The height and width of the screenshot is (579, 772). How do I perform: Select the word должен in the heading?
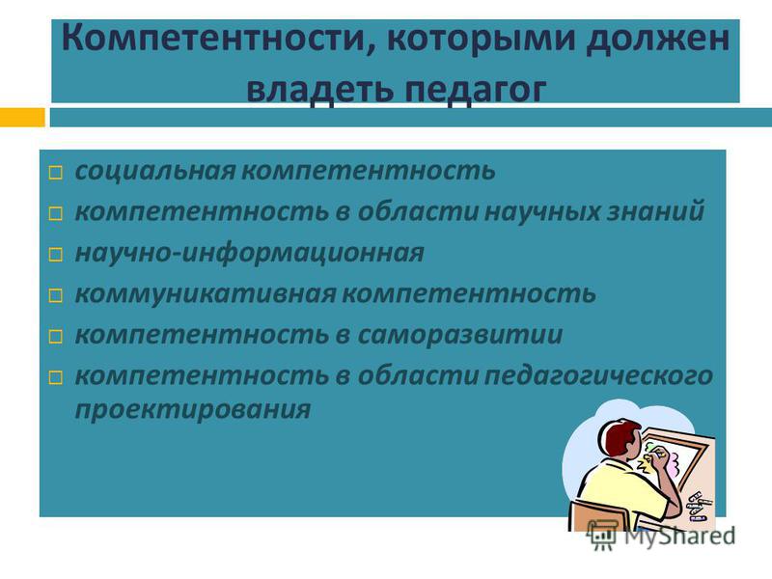[657, 40]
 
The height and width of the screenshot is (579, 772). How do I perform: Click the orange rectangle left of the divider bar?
[22, 117]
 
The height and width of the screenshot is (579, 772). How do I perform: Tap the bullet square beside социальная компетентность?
[56, 173]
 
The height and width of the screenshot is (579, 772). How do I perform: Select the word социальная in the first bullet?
[155, 171]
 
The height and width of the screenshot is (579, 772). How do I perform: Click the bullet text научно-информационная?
[249, 253]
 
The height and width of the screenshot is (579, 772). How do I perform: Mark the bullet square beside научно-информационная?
[56, 255]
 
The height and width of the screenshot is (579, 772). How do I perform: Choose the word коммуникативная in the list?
[206, 294]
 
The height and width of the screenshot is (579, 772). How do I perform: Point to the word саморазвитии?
[460, 335]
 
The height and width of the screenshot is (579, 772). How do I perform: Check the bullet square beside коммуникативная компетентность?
[56, 295]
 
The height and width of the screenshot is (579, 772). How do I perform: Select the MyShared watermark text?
[679, 536]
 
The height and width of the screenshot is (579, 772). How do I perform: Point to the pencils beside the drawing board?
[698, 506]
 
